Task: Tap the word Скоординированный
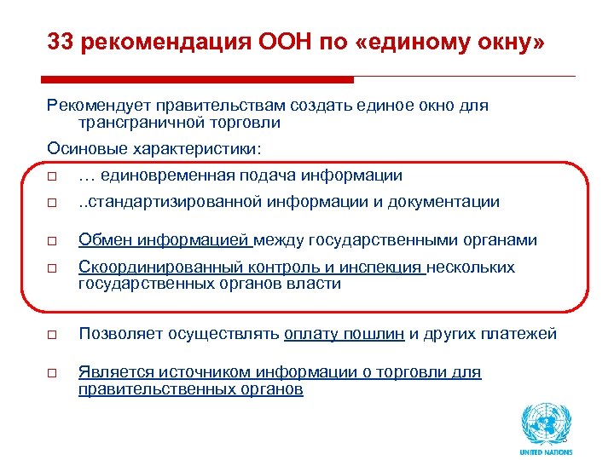tap(154, 267)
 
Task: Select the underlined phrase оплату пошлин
tap(345, 333)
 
